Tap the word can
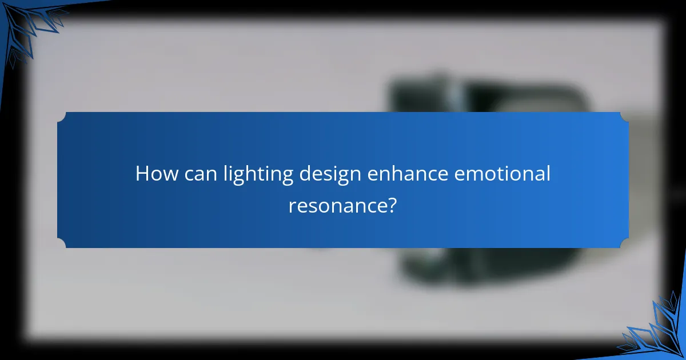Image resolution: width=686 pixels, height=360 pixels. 197,174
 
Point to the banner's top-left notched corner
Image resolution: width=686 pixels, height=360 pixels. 62,117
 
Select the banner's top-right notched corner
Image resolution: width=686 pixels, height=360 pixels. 624,117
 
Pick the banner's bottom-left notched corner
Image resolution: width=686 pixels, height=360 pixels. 62,243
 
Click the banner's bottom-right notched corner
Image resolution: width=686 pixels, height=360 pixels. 624,243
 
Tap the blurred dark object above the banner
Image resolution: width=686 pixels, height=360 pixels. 486,94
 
